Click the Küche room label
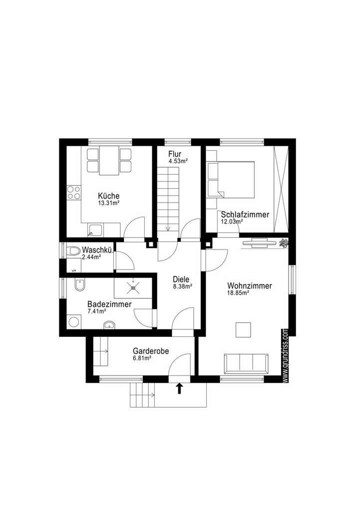108,196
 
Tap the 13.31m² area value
108,203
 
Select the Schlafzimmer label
245,215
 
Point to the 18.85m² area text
238,293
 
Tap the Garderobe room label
150,351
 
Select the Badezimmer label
109,304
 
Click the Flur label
175,154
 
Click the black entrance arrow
179,388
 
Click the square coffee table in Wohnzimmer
244,330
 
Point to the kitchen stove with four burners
74,193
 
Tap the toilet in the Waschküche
74,251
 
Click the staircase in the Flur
168,200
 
